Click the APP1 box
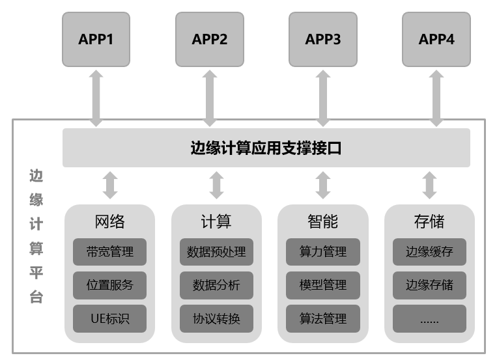(96, 40)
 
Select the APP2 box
(210, 40)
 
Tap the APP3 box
(323, 40)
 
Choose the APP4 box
(436, 40)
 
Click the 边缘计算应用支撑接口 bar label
(266, 148)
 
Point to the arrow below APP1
(96, 98)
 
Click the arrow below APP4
(436, 98)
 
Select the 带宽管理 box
(109, 252)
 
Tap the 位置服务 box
(109, 285)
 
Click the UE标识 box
(109, 319)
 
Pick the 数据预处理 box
(216, 252)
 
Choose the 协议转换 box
(216, 319)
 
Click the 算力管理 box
(323, 252)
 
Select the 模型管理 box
(323, 285)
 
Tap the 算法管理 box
(323, 319)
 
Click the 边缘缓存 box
(429, 252)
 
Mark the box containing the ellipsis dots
(429, 319)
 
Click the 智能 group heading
(323, 221)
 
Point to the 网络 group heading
(109, 221)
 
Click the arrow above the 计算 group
(216, 185)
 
